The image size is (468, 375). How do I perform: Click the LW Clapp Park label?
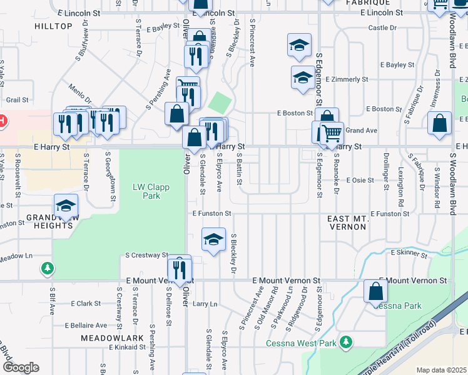pyautogui.click(x=146, y=191)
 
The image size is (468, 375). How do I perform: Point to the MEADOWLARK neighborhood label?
pyautogui.click(x=104, y=337)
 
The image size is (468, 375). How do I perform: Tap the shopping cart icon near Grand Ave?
pyautogui.click(x=332, y=132)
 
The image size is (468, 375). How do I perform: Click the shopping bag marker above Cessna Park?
pyautogui.click(x=375, y=291)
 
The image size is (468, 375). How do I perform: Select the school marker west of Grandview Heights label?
pyautogui.click(x=65, y=206)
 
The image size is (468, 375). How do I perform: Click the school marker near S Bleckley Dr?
pyautogui.click(x=213, y=239)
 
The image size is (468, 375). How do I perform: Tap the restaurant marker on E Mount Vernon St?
pyautogui.click(x=179, y=269)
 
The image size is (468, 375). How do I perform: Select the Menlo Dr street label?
pyautogui.click(x=80, y=95)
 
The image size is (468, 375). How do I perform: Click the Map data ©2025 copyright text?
pyautogui.click(x=440, y=370)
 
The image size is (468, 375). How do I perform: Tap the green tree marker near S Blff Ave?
pyautogui.click(x=47, y=269)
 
